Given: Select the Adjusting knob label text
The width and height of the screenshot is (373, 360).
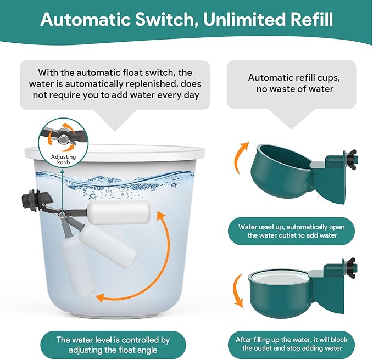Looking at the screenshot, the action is pos(64,159).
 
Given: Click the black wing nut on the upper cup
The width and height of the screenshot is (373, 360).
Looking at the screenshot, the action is pos(350,159).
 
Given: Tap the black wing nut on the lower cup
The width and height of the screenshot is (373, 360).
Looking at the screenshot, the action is pos(350,268).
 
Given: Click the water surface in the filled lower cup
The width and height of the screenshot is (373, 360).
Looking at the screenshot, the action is pos(280,277).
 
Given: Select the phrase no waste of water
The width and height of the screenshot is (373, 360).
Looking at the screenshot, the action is pos(295,89).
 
